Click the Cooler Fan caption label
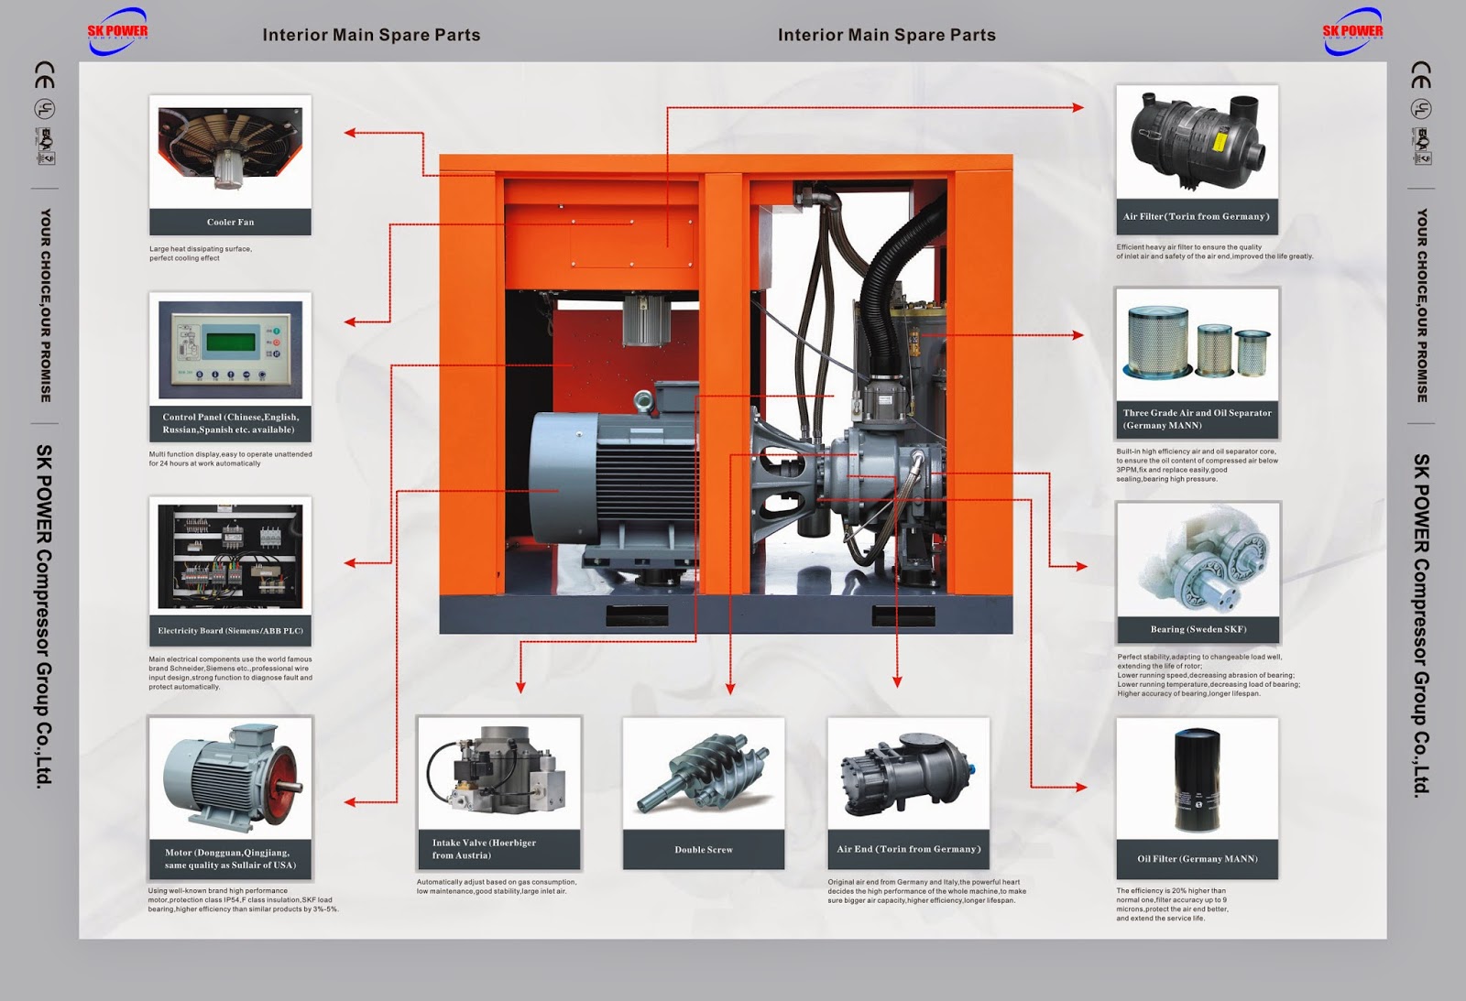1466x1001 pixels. [230, 223]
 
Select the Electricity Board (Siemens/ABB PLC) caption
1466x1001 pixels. [230, 631]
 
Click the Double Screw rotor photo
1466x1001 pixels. [704, 775]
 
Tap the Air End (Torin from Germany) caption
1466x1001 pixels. [908, 849]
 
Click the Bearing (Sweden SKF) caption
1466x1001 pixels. [1198, 629]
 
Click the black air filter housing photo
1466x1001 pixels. [1194, 140]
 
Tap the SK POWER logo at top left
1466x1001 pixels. [117, 30]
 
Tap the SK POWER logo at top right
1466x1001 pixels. [1352, 30]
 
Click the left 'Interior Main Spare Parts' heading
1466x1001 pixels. [371, 35]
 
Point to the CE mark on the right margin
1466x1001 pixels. [1420, 75]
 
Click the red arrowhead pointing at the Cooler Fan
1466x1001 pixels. [350, 133]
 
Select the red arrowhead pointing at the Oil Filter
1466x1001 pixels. [1081, 787]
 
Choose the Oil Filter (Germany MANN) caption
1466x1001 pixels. [1197, 859]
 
